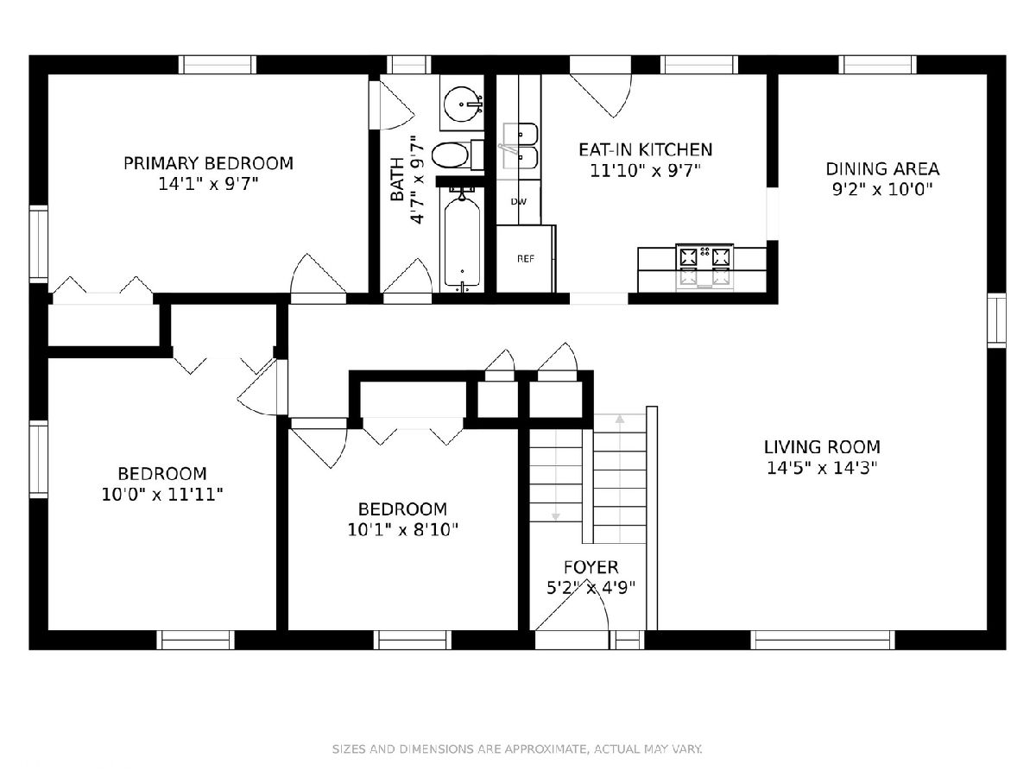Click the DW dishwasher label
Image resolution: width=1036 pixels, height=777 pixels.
519,202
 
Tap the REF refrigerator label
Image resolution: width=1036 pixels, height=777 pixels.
526,259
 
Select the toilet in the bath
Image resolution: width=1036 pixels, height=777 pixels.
458,155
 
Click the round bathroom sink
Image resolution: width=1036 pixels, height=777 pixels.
463,104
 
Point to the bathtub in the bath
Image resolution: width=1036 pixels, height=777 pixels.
462,240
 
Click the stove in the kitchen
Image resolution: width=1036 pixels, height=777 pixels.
704,267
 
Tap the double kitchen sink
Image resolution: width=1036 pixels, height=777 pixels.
519,146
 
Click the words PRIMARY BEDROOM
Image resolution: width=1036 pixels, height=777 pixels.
208,164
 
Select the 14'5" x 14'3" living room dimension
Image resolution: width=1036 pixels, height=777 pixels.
822,469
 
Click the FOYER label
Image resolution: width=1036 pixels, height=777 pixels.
591,567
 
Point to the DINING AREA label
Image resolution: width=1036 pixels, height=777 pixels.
882,169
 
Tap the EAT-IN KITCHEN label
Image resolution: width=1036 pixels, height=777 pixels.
645,149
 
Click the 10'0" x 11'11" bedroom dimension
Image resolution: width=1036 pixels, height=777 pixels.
162,495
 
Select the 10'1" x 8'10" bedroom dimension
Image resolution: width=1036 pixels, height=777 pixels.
402,530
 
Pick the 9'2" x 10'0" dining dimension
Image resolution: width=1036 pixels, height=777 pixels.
882,190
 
